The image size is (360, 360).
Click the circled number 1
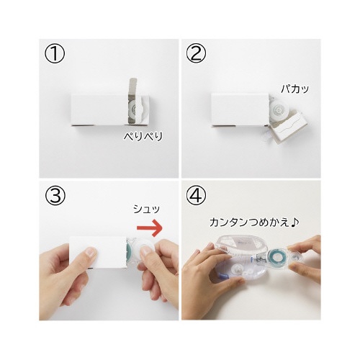[x=55, y=54]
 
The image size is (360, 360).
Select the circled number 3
[x=55, y=195]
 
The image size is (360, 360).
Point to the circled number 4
[x=196, y=195]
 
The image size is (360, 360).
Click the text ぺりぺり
[x=143, y=136]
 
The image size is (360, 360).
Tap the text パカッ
[x=295, y=89]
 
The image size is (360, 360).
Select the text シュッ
[x=146, y=209]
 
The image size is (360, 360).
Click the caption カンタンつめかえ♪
[x=254, y=222]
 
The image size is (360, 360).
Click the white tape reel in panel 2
[x=278, y=110]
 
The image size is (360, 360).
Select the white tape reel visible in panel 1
[x=135, y=110]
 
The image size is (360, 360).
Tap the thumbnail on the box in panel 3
[x=90, y=252]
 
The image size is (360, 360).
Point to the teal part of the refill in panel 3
[x=130, y=251]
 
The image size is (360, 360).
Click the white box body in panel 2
[x=240, y=109]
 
